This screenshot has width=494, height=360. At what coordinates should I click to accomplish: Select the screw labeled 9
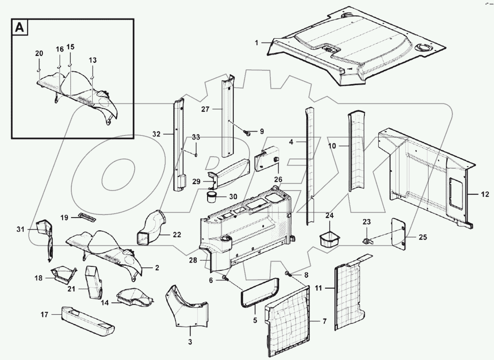click(248, 133)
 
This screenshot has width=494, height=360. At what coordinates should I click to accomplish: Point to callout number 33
click(196, 137)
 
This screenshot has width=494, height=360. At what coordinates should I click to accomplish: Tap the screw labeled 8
click(288, 274)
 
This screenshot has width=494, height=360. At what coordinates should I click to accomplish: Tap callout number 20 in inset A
click(39, 54)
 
